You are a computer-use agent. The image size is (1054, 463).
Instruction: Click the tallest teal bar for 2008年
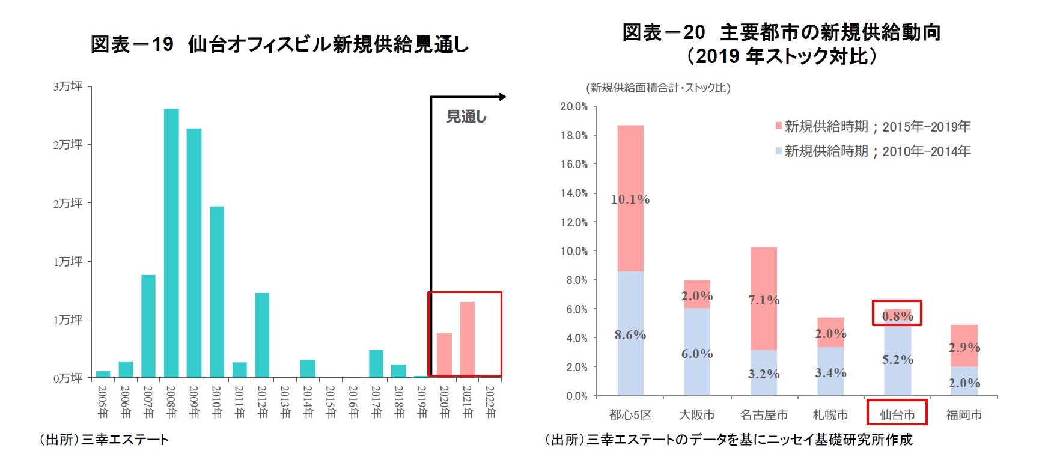pos(171,243)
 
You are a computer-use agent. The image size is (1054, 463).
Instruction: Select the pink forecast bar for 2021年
pos(468,339)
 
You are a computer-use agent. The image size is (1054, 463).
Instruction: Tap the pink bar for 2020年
pos(445,355)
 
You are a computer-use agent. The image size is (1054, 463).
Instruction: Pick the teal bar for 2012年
pos(262,334)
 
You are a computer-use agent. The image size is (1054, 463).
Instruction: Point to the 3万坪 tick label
pos(68,86)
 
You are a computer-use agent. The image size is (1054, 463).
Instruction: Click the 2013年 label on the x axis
pos(285,402)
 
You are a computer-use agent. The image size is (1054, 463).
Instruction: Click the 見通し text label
pos(466,117)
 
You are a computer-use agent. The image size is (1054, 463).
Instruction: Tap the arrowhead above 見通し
pos(502,97)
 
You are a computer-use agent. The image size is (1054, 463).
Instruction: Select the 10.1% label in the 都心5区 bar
pos(630,199)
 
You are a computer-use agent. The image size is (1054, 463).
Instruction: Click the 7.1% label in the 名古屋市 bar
pos(764,300)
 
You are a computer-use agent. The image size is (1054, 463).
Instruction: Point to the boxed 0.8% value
pos(897,316)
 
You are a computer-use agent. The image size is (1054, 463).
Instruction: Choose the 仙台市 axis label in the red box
pos(897,414)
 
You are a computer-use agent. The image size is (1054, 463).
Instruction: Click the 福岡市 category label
pos(964,414)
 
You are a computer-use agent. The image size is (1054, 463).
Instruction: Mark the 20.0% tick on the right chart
pos(574,107)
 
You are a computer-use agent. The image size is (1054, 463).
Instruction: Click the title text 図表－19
pos(132,44)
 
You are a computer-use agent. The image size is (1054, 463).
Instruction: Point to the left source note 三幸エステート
pos(125,440)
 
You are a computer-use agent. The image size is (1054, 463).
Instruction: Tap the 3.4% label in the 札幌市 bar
pos(830,373)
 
